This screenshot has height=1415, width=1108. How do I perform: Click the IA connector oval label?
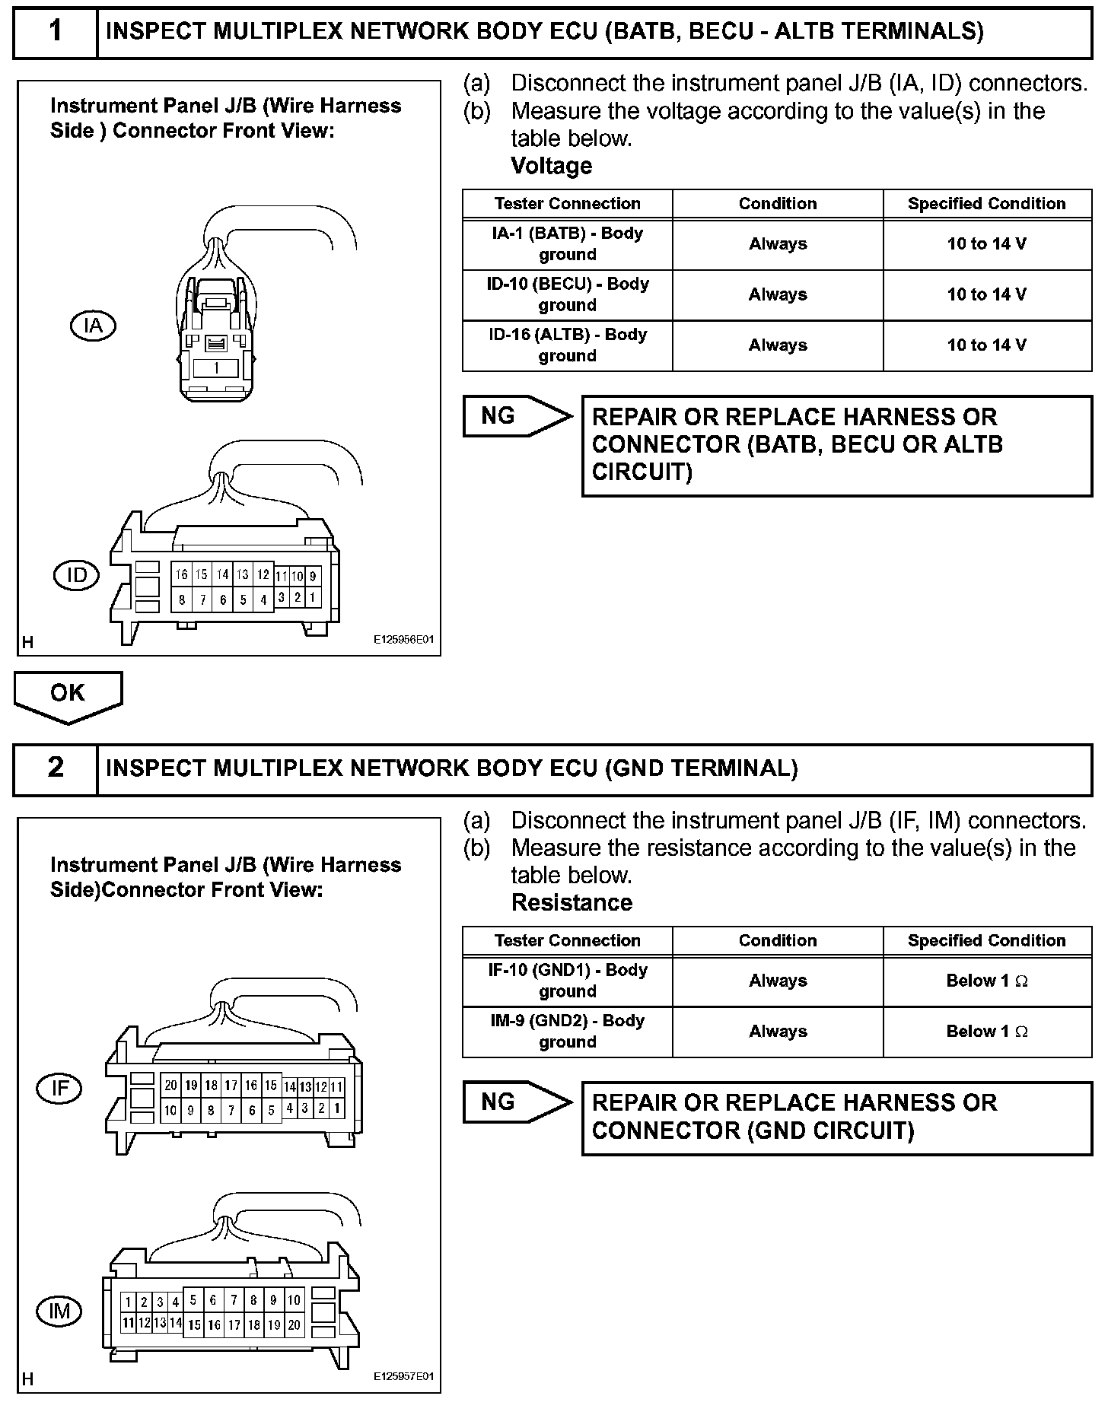[93, 326]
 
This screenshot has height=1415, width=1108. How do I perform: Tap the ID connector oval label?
[76, 575]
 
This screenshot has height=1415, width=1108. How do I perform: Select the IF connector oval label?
[59, 1089]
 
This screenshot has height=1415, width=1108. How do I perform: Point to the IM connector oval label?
[59, 1311]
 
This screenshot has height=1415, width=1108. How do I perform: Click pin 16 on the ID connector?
[182, 575]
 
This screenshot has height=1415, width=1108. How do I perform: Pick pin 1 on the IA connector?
[216, 368]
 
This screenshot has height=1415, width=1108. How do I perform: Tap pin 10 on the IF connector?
[170, 1110]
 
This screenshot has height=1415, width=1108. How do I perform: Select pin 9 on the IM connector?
[273, 1300]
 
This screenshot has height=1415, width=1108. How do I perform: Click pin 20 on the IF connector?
[170, 1086]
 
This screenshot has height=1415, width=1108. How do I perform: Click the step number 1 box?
[56, 31]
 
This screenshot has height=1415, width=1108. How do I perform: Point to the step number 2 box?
[56, 768]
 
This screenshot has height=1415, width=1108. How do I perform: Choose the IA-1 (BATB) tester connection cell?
[567, 244]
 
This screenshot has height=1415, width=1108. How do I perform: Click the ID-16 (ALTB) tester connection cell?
[567, 345]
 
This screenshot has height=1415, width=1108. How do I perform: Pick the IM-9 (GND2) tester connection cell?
[567, 1032]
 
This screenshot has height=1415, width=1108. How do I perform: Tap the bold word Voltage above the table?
[551, 166]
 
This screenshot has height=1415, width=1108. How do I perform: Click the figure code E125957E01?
[403, 1377]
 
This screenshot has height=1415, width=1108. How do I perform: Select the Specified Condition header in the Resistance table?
[986, 941]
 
